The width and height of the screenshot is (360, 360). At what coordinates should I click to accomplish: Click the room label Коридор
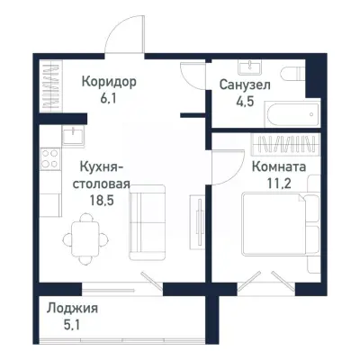point(108,82)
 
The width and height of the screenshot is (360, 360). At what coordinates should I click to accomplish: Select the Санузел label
point(242,85)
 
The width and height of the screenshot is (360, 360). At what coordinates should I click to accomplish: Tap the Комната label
point(278,167)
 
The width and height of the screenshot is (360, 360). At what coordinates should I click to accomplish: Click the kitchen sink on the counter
point(71,136)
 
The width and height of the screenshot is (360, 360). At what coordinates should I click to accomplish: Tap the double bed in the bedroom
point(274,224)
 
